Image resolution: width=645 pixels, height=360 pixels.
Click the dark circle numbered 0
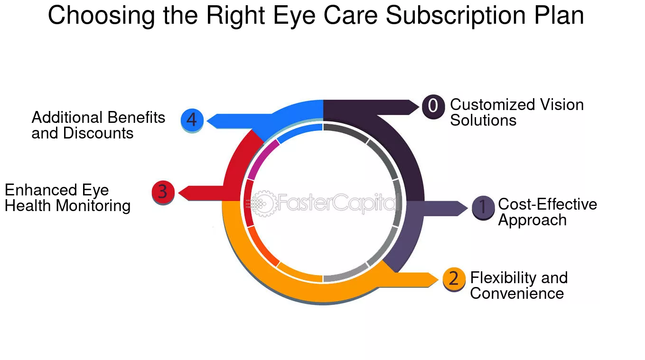point(433,106)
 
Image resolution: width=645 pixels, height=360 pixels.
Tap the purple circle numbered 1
point(483,207)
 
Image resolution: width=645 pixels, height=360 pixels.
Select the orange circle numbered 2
point(454,279)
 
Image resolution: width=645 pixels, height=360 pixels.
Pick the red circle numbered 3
point(163,192)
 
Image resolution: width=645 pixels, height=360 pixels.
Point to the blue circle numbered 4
point(192,120)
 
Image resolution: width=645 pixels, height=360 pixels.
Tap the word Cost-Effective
point(547,204)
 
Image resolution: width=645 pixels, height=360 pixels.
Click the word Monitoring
point(93,206)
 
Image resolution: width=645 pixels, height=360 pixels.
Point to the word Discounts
point(98,133)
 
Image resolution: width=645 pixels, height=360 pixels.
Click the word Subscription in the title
point(456,16)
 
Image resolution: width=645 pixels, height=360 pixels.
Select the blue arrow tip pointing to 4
point(207,121)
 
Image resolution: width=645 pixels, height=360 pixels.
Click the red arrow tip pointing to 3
point(179,193)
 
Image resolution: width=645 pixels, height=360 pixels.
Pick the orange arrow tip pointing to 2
point(438,279)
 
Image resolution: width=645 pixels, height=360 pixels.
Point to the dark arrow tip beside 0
point(419,107)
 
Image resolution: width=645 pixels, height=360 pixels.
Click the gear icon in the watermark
point(262,203)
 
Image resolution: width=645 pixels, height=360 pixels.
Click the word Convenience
point(517,294)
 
